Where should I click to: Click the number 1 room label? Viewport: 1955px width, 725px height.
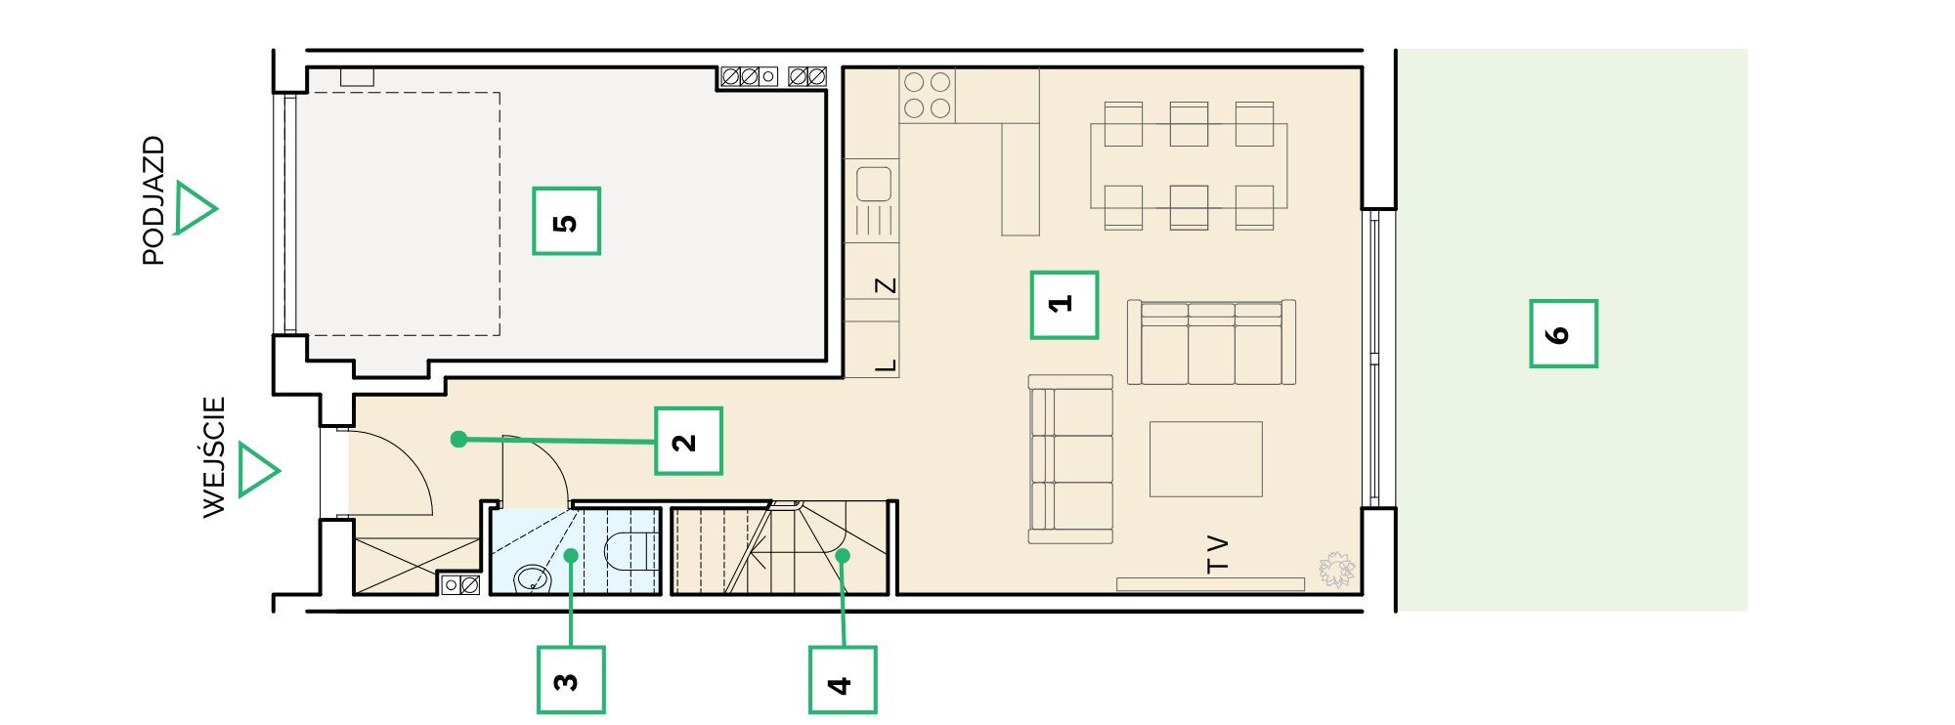coord(1064,305)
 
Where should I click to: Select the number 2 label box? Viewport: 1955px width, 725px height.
coord(688,441)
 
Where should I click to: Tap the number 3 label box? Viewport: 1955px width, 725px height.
coord(571,679)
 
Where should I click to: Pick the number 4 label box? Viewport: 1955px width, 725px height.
coord(843,679)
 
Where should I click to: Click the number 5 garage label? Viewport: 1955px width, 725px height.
coord(566,222)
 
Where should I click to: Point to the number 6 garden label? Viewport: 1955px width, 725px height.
coord(1564,333)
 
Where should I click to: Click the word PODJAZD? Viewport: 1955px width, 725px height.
coord(153,200)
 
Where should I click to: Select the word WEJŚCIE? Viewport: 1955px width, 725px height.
coord(214,456)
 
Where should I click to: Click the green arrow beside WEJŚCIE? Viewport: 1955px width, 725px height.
coord(258,470)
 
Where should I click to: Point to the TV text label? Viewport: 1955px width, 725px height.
coord(1217,553)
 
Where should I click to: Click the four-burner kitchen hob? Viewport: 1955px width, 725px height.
coord(928,95)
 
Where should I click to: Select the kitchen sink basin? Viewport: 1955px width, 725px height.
coord(874,184)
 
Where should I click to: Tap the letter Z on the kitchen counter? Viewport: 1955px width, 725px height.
coord(886,286)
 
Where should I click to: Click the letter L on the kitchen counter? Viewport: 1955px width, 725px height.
coord(886,366)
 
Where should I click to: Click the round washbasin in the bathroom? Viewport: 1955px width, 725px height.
coord(533,577)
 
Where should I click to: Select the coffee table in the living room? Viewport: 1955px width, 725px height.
coord(1206,459)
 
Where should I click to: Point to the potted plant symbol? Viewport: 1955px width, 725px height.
coord(1336,570)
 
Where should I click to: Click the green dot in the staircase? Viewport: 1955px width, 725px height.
coord(843,556)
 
